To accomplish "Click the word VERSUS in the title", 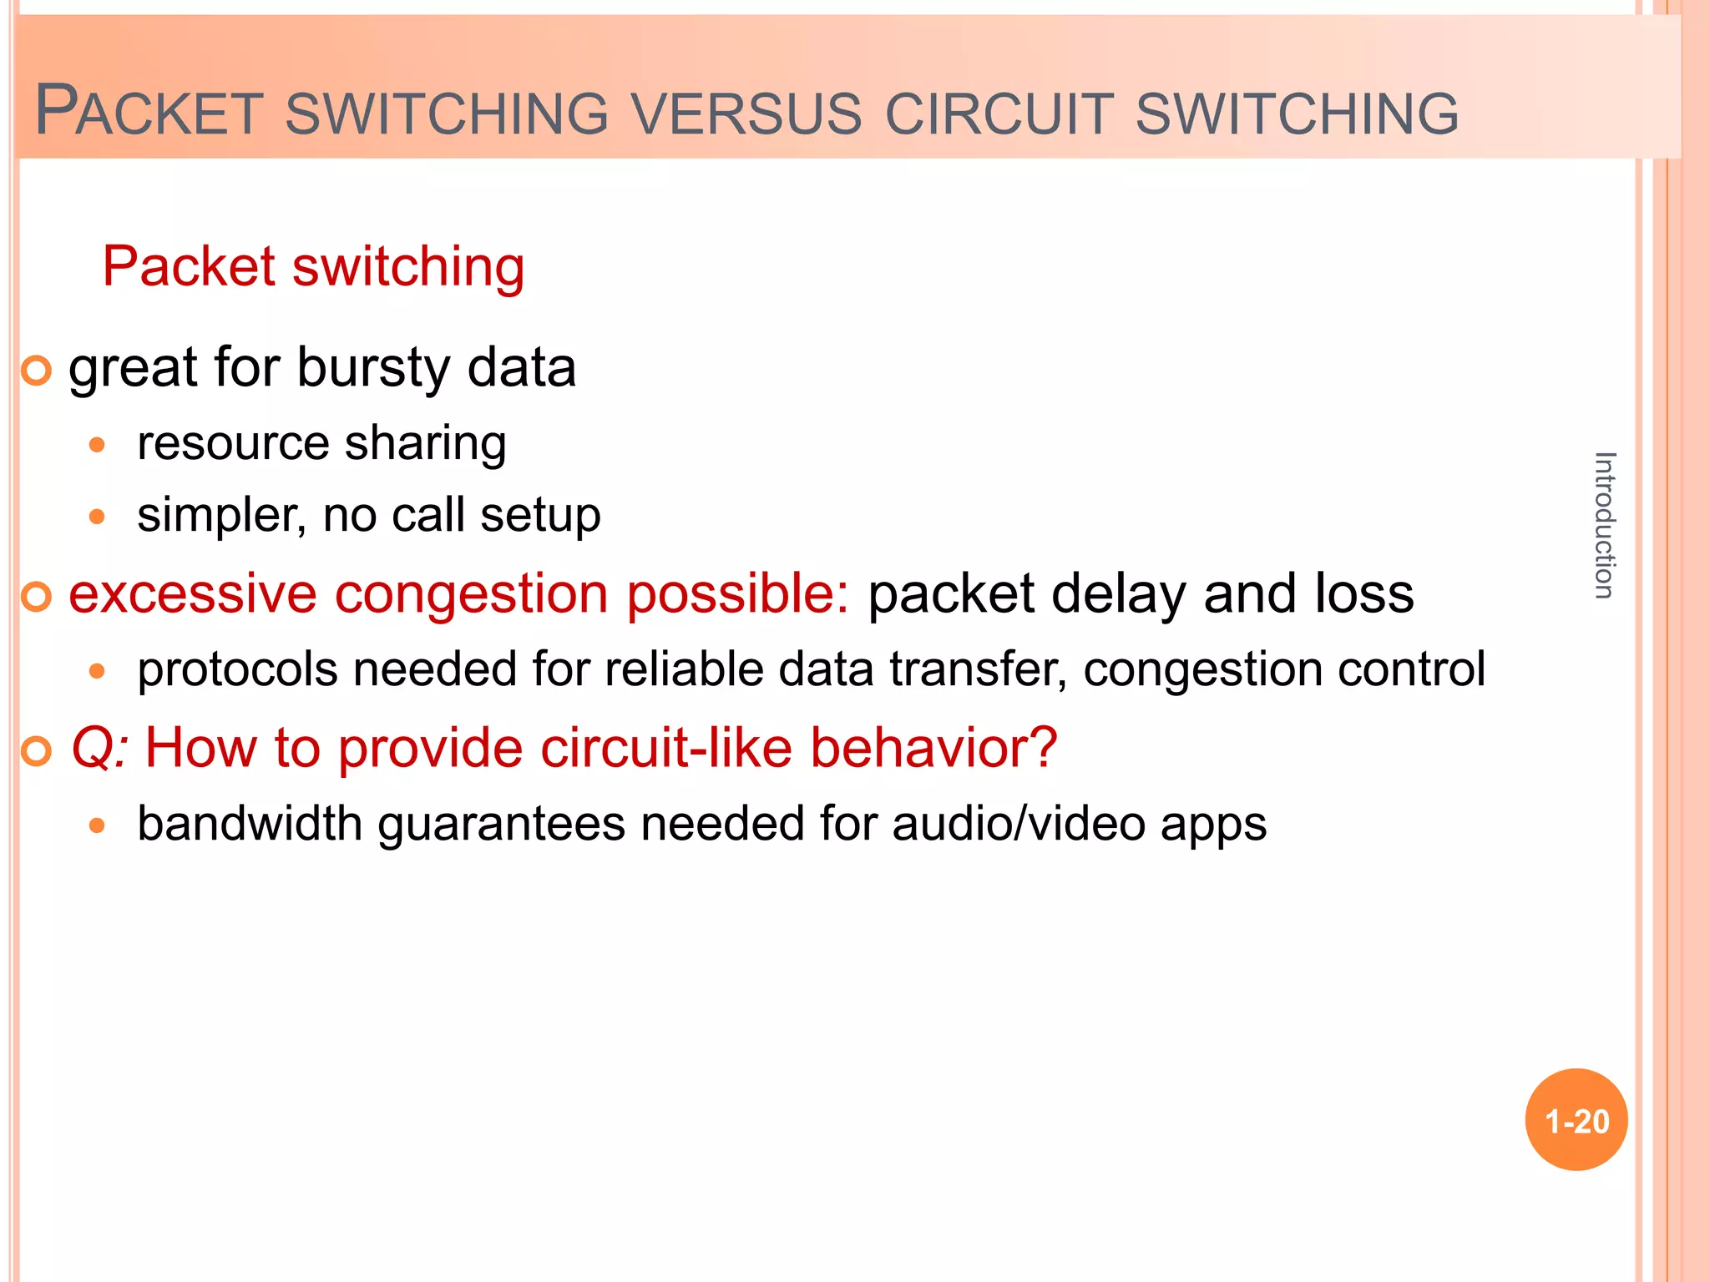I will [x=746, y=114].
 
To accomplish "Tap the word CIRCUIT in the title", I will [x=999, y=114].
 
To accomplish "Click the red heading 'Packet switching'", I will [x=313, y=267].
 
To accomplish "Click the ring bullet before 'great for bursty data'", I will [x=37, y=370].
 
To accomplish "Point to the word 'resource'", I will [x=233, y=442].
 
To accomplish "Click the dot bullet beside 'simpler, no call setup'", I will [x=98, y=517].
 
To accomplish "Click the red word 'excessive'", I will [x=192, y=593].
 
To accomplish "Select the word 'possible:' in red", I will [x=737, y=593].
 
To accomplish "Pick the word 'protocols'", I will [x=237, y=669].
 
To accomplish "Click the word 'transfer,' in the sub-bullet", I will [x=978, y=669].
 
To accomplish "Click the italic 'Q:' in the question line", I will [x=99, y=747].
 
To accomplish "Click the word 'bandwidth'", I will [x=249, y=824].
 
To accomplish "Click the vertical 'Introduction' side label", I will [x=1604, y=525].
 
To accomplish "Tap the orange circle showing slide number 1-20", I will [x=1576, y=1120].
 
